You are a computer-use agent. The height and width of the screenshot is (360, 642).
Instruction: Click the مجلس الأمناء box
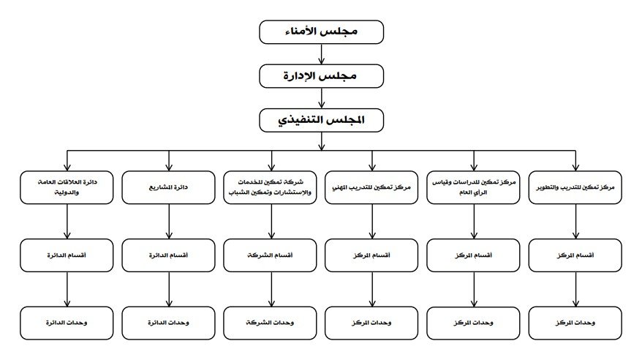pyautogui.click(x=322, y=32)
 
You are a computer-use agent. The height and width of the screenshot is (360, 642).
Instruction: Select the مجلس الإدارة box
pyautogui.click(x=322, y=76)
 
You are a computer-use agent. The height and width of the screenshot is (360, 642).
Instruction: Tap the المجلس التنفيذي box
pyautogui.click(x=322, y=120)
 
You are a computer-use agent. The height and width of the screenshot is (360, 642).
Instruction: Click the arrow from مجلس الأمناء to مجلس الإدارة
pyautogui.click(x=322, y=54)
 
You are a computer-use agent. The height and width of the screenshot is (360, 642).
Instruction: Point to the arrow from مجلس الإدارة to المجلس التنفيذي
pyautogui.click(x=322, y=98)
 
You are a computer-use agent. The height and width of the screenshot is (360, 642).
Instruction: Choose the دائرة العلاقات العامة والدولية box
pyautogui.click(x=67, y=187)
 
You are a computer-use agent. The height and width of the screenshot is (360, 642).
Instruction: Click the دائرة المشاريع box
pyautogui.click(x=168, y=187)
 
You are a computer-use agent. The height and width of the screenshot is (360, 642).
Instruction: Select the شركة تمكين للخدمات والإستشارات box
pyautogui.click(x=271, y=187)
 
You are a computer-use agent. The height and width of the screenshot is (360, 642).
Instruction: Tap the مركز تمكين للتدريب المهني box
pyautogui.click(x=371, y=187)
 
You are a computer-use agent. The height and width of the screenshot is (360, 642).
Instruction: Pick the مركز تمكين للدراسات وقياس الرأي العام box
pyautogui.click(x=473, y=187)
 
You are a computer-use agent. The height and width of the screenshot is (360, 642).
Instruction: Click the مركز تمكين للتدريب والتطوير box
pyautogui.click(x=575, y=187)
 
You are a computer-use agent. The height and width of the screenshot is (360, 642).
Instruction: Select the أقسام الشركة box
pyautogui.click(x=271, y=255)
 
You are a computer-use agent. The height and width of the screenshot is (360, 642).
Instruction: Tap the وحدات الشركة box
pyautogui.click(x=271, y=323)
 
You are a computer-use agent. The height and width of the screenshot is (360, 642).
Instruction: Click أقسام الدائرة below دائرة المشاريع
pyautogui.click(x=168, y=255)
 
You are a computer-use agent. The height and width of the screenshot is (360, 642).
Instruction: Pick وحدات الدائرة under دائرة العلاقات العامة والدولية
pyautogui.click(x=67, y=323)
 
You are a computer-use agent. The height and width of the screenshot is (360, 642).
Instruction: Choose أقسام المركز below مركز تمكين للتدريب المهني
pyautogui.click(x=371, y=255)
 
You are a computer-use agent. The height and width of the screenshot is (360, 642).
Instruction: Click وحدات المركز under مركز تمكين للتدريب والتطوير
pyautogui.click(x=575, y=323)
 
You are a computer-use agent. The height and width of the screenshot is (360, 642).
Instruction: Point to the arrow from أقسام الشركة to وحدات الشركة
pyautogui.click(x=271, y=289)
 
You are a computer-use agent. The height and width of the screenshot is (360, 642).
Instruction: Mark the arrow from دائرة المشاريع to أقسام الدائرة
pyautogui.click(x=169, y=222)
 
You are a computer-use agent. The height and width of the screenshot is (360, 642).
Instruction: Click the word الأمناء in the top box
pyautogui.click(x=301, y=31)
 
